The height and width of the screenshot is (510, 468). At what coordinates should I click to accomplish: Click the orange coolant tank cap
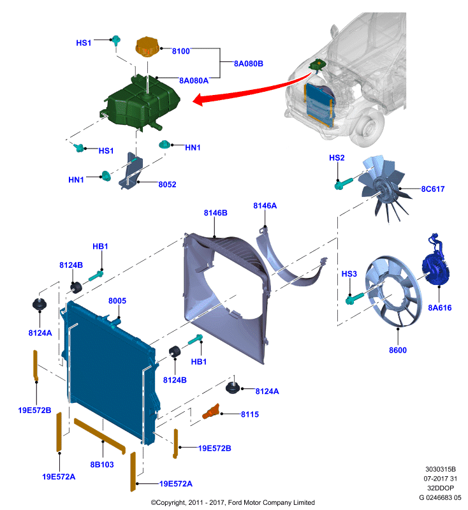(147, 46)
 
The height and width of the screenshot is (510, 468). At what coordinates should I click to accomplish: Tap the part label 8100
(181, 52)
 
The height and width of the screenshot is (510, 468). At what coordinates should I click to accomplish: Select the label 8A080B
(249, 64)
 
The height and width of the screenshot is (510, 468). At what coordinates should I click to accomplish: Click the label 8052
(167, 185)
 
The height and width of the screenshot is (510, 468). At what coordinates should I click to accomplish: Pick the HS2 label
(337, 158)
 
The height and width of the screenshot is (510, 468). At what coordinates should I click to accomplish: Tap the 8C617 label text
(433, 189)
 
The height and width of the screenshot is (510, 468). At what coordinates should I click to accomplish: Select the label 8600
(398, 350)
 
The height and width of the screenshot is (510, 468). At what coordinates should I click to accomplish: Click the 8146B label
(216, 213)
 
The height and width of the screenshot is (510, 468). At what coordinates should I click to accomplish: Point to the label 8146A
(265, 206)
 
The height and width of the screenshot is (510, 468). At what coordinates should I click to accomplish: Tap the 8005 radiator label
(117, 301)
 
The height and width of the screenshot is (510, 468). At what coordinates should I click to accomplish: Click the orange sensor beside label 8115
(211, 412)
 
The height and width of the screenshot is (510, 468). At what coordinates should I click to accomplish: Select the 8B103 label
(102, 465)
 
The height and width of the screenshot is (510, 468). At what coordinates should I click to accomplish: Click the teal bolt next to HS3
(355, 298)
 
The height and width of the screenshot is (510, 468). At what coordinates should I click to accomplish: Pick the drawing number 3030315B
(441, 469)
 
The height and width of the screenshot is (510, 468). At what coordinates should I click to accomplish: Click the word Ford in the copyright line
(236, 502)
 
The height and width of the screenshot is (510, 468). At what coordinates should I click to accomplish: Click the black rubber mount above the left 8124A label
(40, 305)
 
